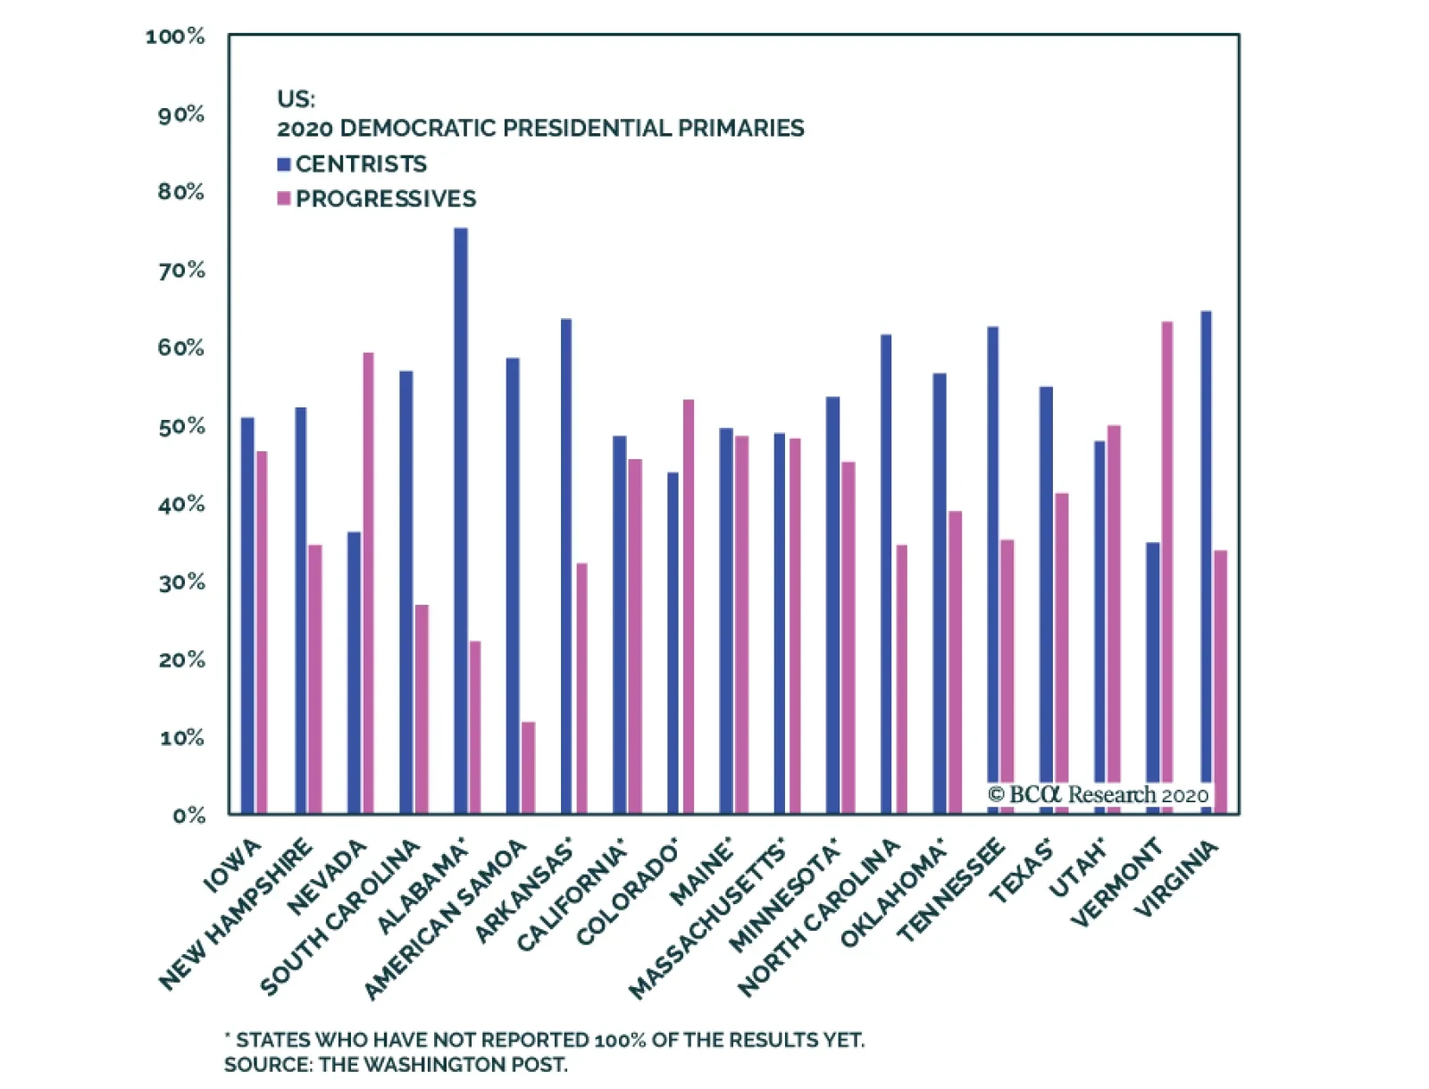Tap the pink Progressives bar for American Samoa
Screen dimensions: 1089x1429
point(529,767)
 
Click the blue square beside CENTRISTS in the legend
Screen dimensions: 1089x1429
point(284,164)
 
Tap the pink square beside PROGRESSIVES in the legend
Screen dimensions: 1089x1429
point(284,198)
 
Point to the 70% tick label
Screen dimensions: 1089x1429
point(181,270)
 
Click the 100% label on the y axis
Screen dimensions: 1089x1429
point(175,37)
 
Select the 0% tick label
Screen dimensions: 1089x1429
point(188,815)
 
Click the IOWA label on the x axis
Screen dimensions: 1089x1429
point(233,867)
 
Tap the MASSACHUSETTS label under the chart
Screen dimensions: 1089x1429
point(707,921)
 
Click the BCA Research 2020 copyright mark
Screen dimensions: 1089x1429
point(1099,794)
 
